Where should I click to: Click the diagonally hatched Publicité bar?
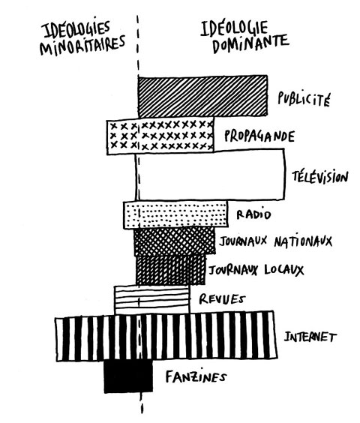pyautogui.click(x=203, y=96)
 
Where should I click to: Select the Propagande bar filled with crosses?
pyautogui.click(x=160, y=136)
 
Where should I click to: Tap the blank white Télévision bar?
pyautogui.click(x=210, y=174)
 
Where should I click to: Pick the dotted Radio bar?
pyautogui.click(x=175, y=214)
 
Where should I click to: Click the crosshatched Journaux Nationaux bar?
pyautogui.click(x=175, y=241)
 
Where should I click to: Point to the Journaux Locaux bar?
pyautogui.click(x=170, y=270)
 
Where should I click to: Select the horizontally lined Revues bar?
pyautogui.click(x=152, y=298)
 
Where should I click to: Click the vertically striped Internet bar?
pyautogui.click(x=166, y=336)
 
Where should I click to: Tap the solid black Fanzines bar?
pyautogui.click(x=128, y=376)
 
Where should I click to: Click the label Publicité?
pyautogui.click(x=304, y=99)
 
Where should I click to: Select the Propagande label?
pyautogui.click(x=259, y=136)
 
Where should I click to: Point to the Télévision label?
pyautogui.click(x=320, y=176)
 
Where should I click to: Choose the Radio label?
pyautogui.click(x=253, y=214)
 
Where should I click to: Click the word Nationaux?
pyautogui.click(x=303, y=241)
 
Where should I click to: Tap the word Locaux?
pyautogui.click(x=284, y=270)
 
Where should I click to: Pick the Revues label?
pyautogui.click(x=222, y=299)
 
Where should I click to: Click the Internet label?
pyautogui.click(x=310, y=337)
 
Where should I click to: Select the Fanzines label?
pyautogui.click(x=196, y=376)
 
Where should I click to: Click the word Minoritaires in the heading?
pyautogui.click(x=82, y=45)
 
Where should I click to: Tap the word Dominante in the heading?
pyautogui.click(x=250, y=43)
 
